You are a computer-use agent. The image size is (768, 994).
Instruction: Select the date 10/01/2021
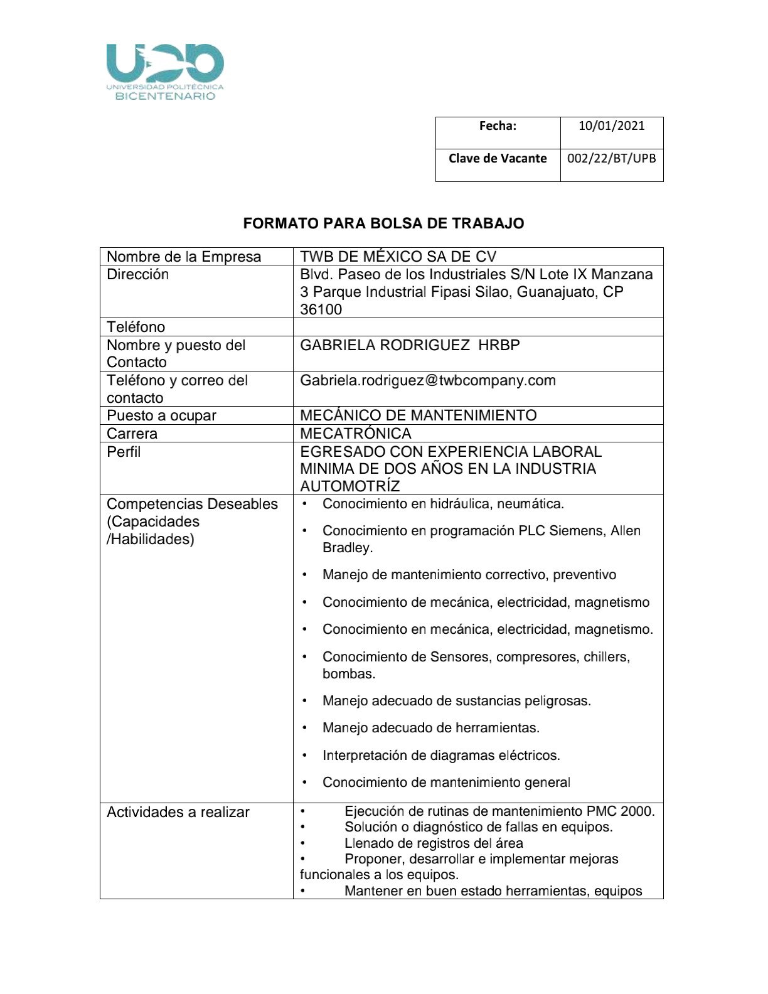(x=611, y=126)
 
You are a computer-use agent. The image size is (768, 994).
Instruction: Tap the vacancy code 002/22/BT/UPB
(x=611, y=158)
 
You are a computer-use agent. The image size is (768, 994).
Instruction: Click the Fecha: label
(x=498, y=126)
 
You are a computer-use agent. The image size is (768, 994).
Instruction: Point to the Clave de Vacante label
(x=498, y=158)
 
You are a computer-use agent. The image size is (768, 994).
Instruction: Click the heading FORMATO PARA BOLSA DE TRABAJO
(x=383, y=223)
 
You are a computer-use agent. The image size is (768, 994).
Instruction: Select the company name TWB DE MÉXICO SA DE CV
(x=398, y=257)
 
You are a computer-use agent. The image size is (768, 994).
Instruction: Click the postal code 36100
(x=321, y=309)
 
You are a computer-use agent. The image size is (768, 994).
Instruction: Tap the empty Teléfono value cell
(x=477, y=327)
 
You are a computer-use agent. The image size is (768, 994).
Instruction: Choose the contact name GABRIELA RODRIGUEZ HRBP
(x=410, y=345)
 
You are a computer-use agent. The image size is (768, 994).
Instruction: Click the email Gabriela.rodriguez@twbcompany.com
(x=428, y=380)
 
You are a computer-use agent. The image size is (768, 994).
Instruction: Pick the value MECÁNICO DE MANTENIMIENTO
(x=419, y=415)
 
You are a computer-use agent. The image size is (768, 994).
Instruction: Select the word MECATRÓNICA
(x=356, y=434)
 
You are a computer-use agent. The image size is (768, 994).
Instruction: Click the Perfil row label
(x=124, y=452)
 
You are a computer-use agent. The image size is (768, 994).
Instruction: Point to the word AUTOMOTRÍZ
(x=349, y=486)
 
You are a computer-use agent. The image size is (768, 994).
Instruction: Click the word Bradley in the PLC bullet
(x=347, y=548)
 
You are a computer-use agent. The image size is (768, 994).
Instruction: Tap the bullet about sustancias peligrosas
(x=457, y=701)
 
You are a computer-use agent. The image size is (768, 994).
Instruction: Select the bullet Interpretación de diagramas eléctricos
(x=441, y=756)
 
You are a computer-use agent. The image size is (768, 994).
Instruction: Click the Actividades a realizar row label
(x=178, y=812)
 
